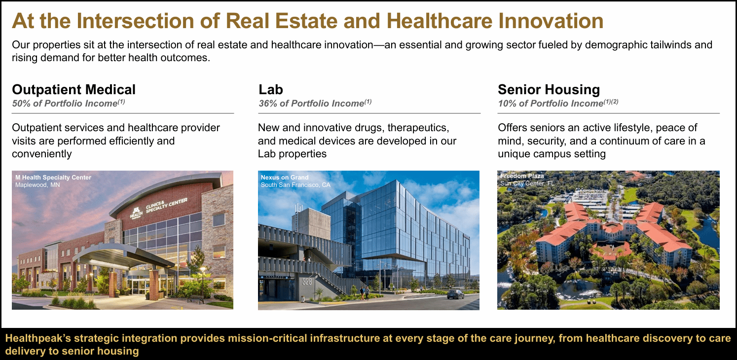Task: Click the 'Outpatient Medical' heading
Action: (74, 90)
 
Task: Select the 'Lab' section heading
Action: (271, 90)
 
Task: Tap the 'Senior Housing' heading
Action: (549, 90)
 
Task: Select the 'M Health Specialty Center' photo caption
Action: (53, 178)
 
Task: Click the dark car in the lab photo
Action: (455, 294)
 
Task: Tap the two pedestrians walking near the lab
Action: (364, 292)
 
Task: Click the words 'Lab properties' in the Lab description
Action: (292, 154)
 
